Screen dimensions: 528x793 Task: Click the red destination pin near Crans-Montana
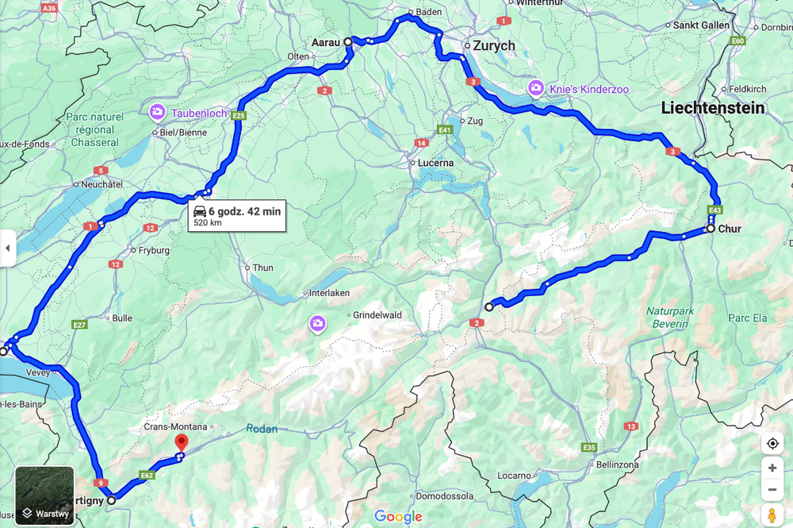click(x=182, y=443)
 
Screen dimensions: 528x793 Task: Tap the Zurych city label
click(x=494, y=45)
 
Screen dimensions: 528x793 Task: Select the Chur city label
click(x=730, y=229)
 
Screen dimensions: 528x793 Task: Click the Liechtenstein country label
click(x=713, y=107)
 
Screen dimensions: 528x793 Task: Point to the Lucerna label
click(x=437, y=162)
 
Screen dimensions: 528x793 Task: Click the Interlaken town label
click(x=329, y=293)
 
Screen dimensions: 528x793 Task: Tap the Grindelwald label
click(x=377, y=315)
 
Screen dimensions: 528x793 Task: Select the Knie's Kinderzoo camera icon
click(x=536, y=88)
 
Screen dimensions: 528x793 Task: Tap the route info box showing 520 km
click(x=236, y=215)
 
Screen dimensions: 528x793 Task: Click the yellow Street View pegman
click(x=772, y=515)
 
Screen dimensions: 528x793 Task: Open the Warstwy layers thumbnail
click(x=44, y=496)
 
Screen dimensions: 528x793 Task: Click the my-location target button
click(x=772, y=443)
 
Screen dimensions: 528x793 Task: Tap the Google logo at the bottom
click(x=398, y=517)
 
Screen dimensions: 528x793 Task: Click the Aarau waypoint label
click(x=325, y=41)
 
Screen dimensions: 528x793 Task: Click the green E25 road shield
click(x=240, y=115)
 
